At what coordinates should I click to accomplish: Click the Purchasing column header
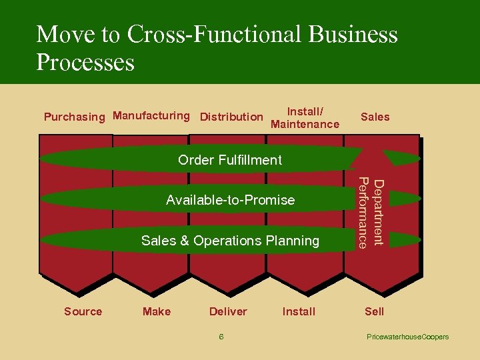tap(74, 117)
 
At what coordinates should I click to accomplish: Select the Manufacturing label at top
tap(151, 116)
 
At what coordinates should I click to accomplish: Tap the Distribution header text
tap(231, 117)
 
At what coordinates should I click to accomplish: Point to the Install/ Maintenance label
tap(305, 118)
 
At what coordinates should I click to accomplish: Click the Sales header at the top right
tap(375, 117)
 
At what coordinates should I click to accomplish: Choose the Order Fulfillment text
tap(230, 160)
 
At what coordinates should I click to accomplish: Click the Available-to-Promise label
tap(230, 200)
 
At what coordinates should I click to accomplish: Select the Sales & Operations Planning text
tap(230, 241)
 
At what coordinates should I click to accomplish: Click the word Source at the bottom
tap(83, 311)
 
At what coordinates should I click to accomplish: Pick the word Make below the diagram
tap(157, 311)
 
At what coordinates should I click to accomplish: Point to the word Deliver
tap(228, 311)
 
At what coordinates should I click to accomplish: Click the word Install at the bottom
tap(299, 311)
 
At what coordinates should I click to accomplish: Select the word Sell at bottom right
tap(374, 311)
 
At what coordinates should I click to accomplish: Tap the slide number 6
tap(221, 337)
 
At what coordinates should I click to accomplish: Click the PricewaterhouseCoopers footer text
tap(407, 337)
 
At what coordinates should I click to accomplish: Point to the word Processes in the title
tap(85, 63)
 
